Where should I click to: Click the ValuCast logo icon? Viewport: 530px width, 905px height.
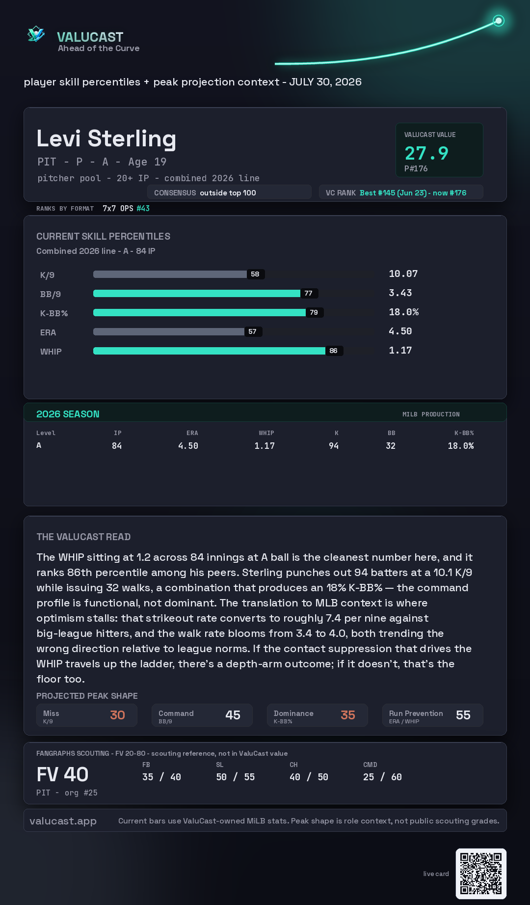pyautogui.click(x=36, y=34)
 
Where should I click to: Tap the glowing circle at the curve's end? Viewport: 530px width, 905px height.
pyautogui.click(x=499, y=21)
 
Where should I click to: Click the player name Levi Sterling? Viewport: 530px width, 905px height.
pyautogui.click(x=106, y=138)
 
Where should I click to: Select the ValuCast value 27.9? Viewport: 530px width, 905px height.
pyautogui.click(x=426, y=153)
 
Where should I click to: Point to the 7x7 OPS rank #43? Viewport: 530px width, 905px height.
pyautogui.click(x=143, y=208)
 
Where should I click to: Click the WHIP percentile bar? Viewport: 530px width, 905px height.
pyautogui.click(x=209, y=351)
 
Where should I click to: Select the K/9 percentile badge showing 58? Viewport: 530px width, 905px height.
pyautogui.click(x=255, y=274)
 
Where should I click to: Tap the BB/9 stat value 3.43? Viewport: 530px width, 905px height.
pyautogui.click(x=400, y=293)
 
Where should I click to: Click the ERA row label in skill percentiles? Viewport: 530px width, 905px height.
pyautogui.click(x=48, y=332)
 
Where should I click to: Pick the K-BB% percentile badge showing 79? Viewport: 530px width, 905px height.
pyautogui.click(x=314, y=312)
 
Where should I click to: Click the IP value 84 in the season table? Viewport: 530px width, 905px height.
pyautogui.click(x=117, y=446)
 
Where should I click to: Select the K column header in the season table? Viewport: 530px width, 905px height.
pyautogui.click(x=337, y=433)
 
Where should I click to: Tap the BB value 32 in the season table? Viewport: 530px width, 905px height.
pyautogui.click(x=391, y=446)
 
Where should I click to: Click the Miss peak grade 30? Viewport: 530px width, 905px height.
pyautogui.click(x=118, y=715)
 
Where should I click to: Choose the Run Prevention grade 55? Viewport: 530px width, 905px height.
pyautogui.click(x=463, y=715)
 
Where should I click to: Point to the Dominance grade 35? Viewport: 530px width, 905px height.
pyautogui.click(x=348, y=715)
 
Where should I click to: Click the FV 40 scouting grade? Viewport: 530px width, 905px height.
pyautogui.click(x=62, y=774)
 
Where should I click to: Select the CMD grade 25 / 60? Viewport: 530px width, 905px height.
pyautogui.click(x=382, y=777)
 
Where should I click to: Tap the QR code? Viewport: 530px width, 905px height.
pyautogui.click(x=481, y=874)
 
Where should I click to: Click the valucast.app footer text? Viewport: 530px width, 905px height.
pyautogui.click(x=63, y=821)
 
